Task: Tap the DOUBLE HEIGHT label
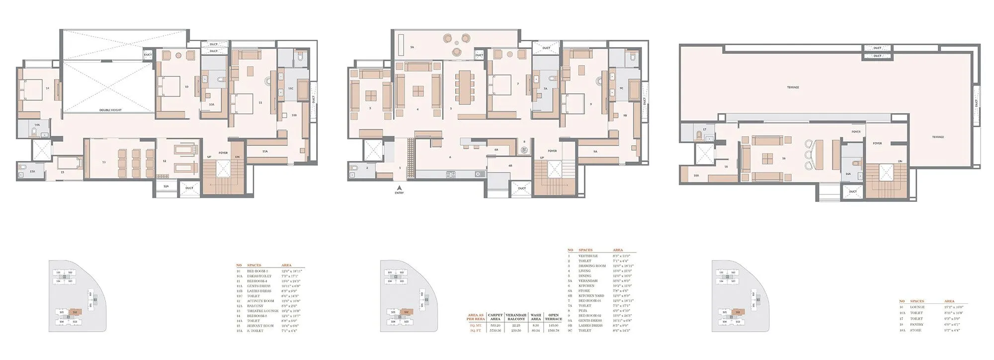(110, 110)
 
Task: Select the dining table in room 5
(465, 87)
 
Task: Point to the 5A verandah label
(412, 47)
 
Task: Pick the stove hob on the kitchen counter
(450, 174)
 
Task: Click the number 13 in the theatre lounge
(104, 162)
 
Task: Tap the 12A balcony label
(166, 186)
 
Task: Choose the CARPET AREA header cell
(495, 317)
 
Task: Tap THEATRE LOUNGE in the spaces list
(257, 311)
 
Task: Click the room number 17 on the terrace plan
(704, 129)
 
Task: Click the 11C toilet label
(291, 89)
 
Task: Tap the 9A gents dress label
(595, 151)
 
